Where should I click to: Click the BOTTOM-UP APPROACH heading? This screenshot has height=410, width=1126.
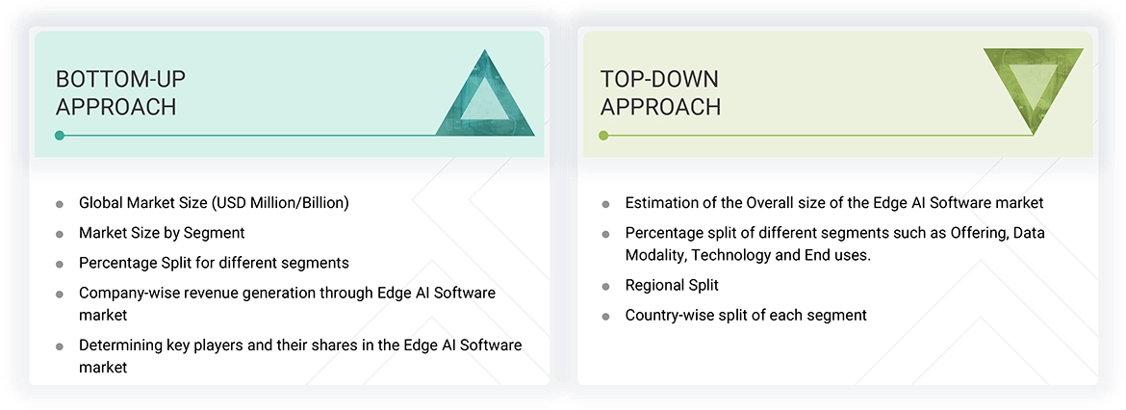point(115,92)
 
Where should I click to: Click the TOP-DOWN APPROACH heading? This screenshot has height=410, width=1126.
point(660,92)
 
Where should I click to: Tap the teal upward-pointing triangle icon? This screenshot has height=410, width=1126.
point(485,95)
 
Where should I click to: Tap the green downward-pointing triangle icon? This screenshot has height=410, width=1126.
point(1033,90)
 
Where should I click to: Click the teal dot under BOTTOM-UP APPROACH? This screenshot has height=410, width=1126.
point(60,136)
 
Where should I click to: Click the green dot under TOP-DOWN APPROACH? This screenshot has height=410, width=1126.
point(603,136)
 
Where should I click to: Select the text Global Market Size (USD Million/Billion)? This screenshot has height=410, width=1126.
point(214,203)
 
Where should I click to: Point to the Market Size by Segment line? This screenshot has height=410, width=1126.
point(162,233)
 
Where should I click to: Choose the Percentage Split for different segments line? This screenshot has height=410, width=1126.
point(214,263)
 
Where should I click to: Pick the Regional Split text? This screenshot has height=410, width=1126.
point(672,285)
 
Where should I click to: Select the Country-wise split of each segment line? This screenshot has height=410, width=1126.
point(746,315)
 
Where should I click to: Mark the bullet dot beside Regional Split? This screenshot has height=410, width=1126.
point(605,286)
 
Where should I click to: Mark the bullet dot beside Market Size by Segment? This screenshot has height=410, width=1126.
point(60,234)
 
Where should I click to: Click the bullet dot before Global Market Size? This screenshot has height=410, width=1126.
point(60,204)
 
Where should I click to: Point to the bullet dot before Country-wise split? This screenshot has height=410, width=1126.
point(605,316)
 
